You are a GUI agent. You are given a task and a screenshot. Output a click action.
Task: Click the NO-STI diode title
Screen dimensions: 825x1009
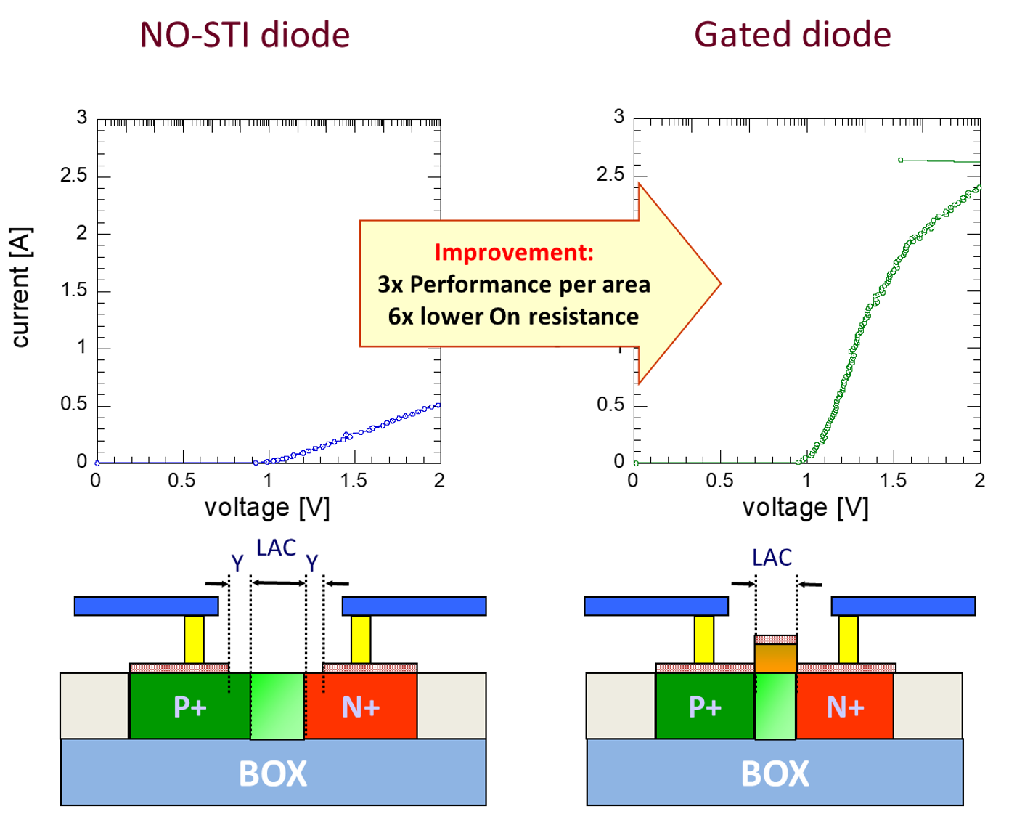click(245, 34)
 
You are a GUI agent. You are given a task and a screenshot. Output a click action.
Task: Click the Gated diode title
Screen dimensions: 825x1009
click(792, 34)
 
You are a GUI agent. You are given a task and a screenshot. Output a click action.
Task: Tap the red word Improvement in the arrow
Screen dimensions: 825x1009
click(514, 252)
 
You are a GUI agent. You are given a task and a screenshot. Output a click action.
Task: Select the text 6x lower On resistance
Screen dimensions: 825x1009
click(513, 317)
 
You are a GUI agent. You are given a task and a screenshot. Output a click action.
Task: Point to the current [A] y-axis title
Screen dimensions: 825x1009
click(21, 288)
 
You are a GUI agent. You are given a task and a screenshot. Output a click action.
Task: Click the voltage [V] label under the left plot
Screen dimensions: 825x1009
click(267, 507)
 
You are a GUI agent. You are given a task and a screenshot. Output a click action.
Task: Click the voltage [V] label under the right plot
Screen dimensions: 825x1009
click(805, 507)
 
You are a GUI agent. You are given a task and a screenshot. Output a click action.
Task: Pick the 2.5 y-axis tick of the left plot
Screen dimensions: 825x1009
click(73, 176)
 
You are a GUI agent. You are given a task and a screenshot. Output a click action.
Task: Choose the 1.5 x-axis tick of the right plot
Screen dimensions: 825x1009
click(893, 480)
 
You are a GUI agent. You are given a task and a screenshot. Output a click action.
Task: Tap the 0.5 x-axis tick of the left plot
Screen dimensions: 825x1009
click(181, 480)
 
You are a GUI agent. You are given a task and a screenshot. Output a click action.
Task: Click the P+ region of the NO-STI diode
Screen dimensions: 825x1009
click(190, 706)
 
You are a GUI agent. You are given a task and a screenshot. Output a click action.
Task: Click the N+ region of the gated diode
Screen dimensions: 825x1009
click(845, 706)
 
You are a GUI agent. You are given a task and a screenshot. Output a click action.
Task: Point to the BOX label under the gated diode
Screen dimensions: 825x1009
click(775, 773)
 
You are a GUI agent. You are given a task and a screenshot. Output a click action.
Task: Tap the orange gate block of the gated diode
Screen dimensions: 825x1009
click(776, 658)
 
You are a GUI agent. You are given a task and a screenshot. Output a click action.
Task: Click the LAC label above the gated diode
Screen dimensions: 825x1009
click(772, 558)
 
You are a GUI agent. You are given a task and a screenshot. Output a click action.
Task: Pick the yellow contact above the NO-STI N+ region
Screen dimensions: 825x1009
click(361, 639)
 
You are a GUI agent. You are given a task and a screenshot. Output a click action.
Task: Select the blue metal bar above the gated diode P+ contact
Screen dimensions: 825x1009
click(656, 606)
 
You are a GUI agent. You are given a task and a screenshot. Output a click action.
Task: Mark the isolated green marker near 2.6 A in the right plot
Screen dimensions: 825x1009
click(901, 160)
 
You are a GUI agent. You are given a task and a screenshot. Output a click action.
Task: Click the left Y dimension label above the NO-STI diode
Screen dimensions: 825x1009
click(237, 564)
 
